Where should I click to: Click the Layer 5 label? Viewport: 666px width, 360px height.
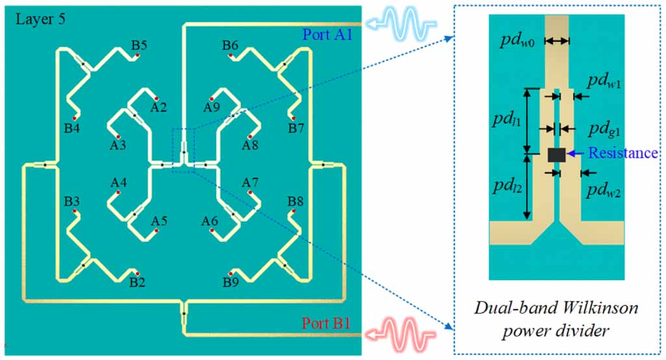pos(40,19)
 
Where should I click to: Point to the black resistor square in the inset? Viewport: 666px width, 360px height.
pos(556,155)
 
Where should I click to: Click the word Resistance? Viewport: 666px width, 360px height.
pos(622,153)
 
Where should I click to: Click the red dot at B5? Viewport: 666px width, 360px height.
pos(138,57)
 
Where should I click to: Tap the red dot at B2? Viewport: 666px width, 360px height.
pos(137,273)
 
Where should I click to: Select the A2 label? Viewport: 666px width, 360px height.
pos(159,106)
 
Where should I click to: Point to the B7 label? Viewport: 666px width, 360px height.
pos(296,129)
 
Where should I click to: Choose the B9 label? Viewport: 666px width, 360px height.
pos(231,283)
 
